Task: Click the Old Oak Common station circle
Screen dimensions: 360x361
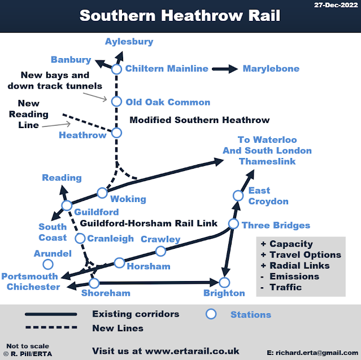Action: point(116,102)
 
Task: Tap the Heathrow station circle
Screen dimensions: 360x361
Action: point(116,133)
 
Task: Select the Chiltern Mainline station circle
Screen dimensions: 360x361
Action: point(116,69)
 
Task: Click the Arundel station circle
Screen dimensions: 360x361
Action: point(48,264)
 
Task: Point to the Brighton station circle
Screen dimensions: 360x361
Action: point(225,282)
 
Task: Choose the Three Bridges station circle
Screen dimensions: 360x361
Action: point(233,224)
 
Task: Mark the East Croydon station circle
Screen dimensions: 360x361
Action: point(238,195)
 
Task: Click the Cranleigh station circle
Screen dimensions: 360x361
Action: point(80,238)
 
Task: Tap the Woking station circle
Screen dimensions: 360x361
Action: point(102,192)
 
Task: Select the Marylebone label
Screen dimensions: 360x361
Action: point(271,69)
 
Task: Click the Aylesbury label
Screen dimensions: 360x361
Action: point(129,42)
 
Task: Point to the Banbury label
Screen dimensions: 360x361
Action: point(71,60)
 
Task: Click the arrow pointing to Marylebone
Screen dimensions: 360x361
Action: point(225,69)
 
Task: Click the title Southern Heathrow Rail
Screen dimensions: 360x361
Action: point(180,15)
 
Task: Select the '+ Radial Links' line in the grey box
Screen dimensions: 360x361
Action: point(294,265)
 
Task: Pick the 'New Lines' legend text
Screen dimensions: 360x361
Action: point(118,328)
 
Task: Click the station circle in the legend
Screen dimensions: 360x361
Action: point(211,314)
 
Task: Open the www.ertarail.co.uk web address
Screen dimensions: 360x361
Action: point(192,350)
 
